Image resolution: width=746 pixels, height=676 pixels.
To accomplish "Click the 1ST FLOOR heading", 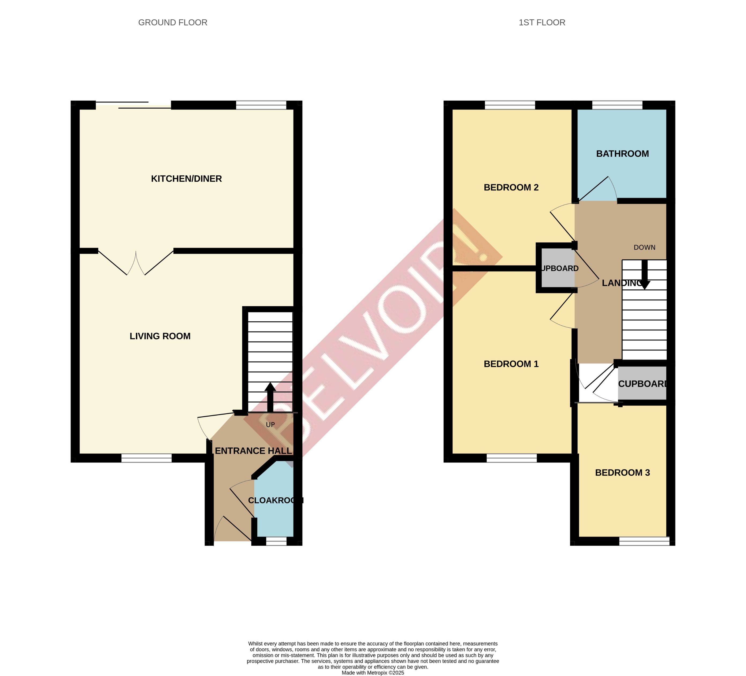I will point(542,23).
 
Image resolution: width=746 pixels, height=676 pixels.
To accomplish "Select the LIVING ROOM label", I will point(160,336).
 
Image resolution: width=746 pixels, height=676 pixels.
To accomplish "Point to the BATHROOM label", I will point(622,154).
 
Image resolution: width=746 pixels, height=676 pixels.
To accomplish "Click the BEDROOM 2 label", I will point(511,188).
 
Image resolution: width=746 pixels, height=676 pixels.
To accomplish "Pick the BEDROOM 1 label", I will point(511,364).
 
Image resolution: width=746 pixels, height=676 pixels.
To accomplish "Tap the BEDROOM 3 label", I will point(622,473).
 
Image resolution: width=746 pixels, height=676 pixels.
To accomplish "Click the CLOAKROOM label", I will point(275,500).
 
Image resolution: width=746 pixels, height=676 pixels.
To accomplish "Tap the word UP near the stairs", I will point(270,424).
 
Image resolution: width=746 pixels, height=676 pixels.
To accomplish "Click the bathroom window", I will point(617,105).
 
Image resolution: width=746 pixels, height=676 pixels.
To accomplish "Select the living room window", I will point(147,458).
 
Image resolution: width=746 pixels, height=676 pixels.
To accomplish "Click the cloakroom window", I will point(276,541).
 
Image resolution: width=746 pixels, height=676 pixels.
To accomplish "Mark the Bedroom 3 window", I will point(644,541).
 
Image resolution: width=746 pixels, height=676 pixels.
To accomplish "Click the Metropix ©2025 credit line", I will point(373,673).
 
